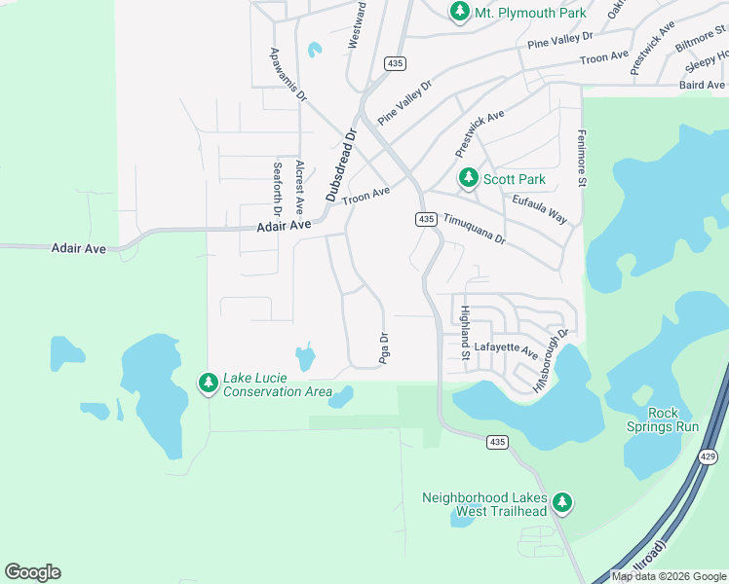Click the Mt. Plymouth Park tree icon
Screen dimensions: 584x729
point(460,12)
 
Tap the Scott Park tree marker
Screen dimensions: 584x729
point(469,179)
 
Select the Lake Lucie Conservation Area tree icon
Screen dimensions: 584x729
point(208,383)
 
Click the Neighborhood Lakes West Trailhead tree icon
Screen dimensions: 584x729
point(561,503)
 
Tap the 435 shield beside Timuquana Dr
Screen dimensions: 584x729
point(426,220)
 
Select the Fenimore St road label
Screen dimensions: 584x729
point(581,158)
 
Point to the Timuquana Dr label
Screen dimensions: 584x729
point(475,230)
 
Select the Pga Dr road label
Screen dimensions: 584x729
point(383,349)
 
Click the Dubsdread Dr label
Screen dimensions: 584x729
point(342,164)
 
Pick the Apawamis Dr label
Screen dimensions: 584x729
point(288,76)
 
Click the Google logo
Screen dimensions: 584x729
point(32,572)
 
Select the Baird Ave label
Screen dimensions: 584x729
point(704,86)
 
